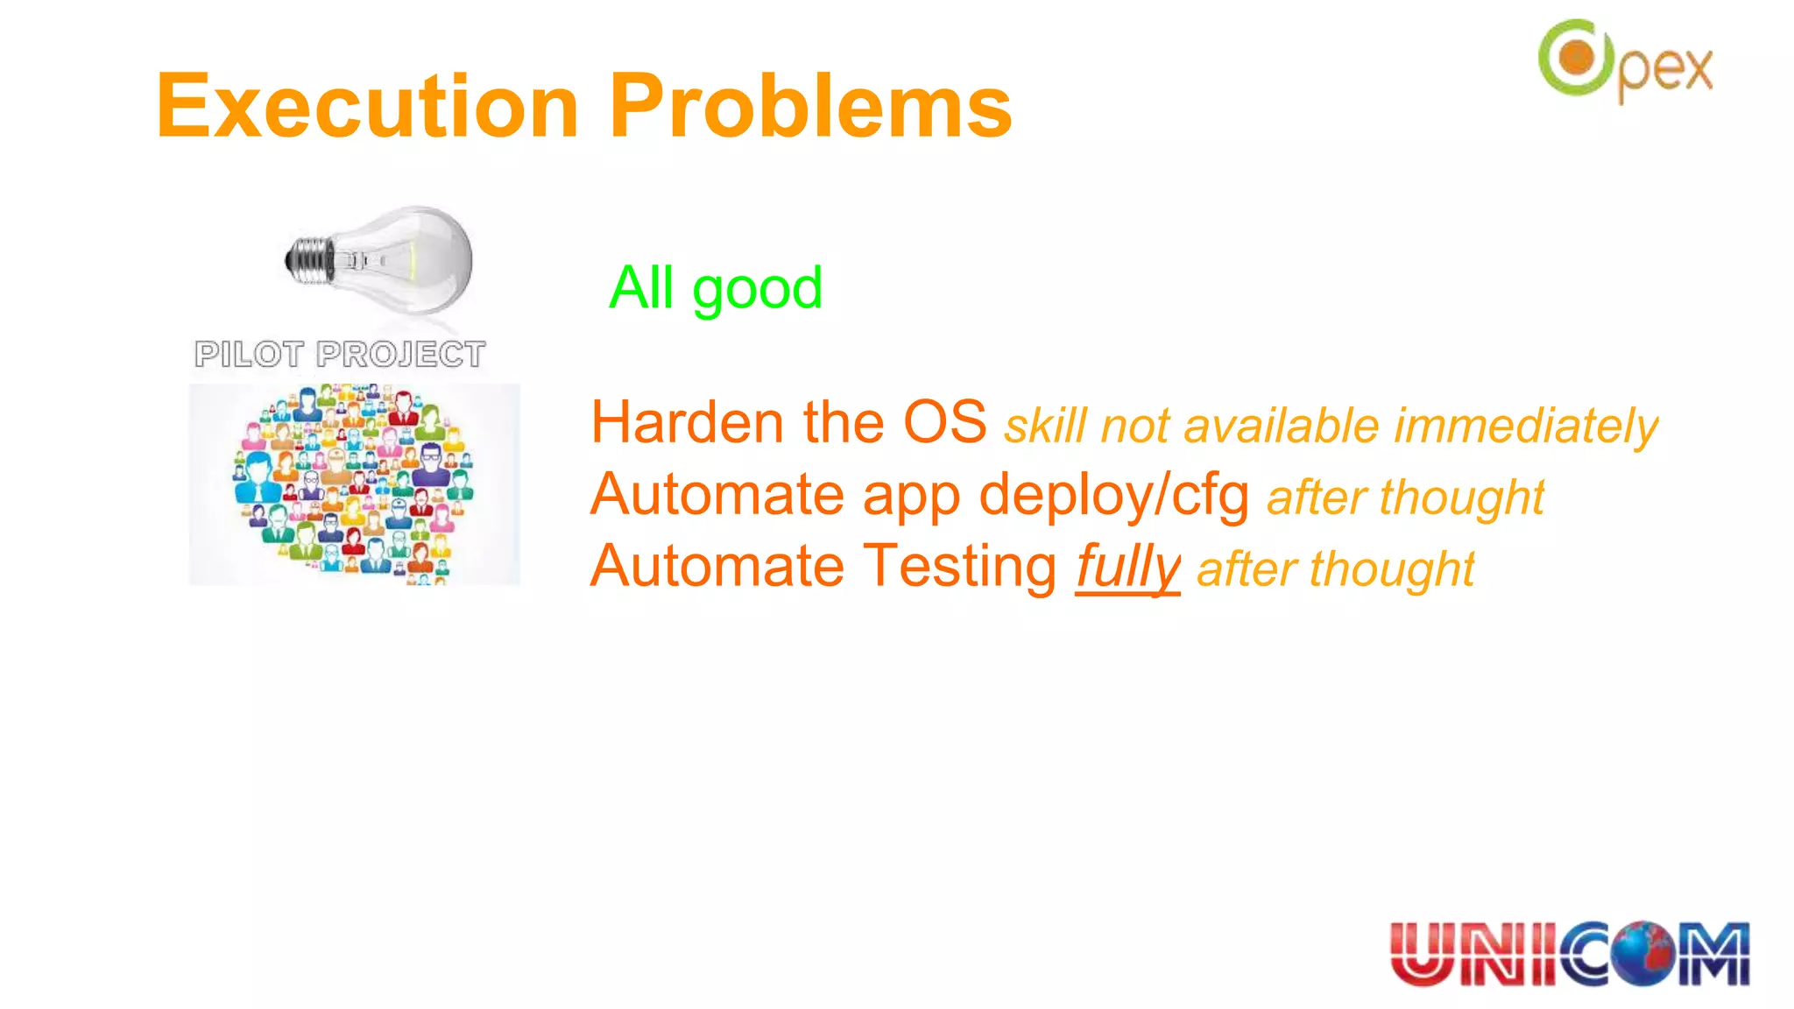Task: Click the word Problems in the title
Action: pos(810,107)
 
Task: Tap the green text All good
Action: pos(716,288)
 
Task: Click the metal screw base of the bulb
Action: pos(309,260)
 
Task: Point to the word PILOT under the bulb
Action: pos(249,355)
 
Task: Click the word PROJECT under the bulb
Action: pos(400,355)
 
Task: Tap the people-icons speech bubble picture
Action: pos(354,484)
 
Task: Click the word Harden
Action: pos(688,423)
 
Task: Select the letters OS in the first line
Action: pos(944,423)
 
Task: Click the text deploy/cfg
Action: pos(1113,496)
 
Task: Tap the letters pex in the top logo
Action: pos(1665,70)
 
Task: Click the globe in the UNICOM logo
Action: pos(1644,954)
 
